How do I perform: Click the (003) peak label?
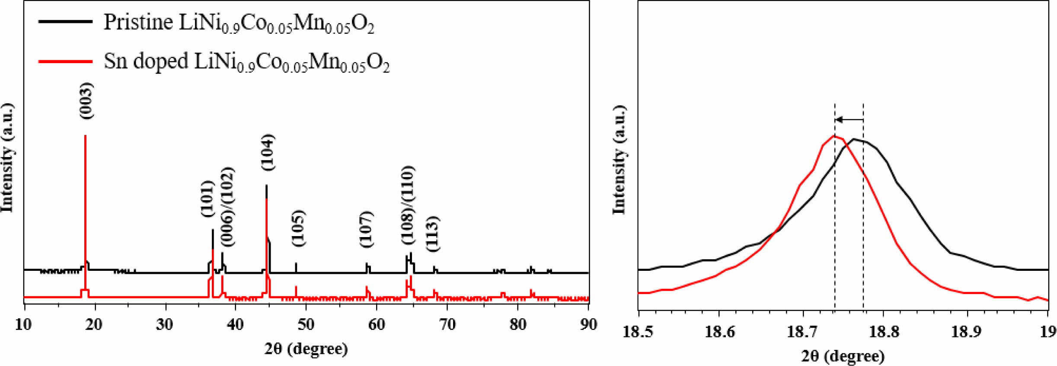coord(86,101)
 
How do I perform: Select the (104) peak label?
coord(267,152)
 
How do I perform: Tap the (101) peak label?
coord(208,199)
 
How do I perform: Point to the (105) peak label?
coord(298,228)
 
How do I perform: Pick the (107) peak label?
coord(366,229)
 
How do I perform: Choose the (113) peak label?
coord(433,234)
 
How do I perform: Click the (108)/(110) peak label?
coord(407,205)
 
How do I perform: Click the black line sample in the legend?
coord(65,21)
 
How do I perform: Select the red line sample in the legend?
coord(65,61)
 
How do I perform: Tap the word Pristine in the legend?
coord(138,22)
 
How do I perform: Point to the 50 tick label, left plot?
coord(306,324)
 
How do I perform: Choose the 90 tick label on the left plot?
coord(588,324)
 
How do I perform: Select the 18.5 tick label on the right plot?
coord(638,332)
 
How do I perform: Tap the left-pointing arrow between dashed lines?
coord(849,120)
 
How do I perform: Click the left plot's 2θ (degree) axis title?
coord(306,349)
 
